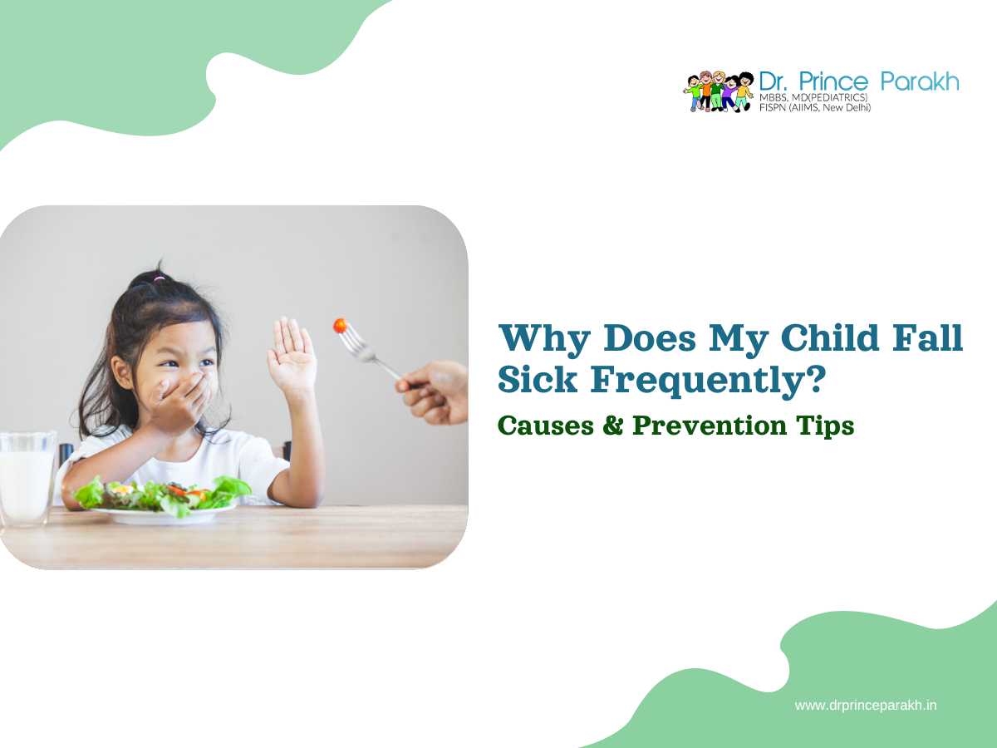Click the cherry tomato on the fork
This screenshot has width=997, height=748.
click(x=340, y=325)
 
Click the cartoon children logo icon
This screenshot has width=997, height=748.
click(x=719, y=91)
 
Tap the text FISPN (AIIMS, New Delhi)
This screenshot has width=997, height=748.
click(x=815, y=108)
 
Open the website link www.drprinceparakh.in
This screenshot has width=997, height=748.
click(x=866, y=706)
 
